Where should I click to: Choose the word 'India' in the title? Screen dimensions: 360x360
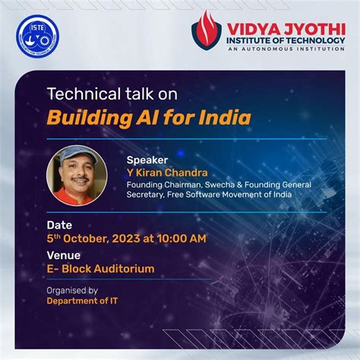(x=225, y=118)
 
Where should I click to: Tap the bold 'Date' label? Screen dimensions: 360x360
(x=59, y=225)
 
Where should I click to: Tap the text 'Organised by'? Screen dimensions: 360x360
(x=72, y=290)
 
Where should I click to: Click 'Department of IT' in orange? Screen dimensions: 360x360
(x=82, y=301)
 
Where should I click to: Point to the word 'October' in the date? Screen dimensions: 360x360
(x=90, y=238)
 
